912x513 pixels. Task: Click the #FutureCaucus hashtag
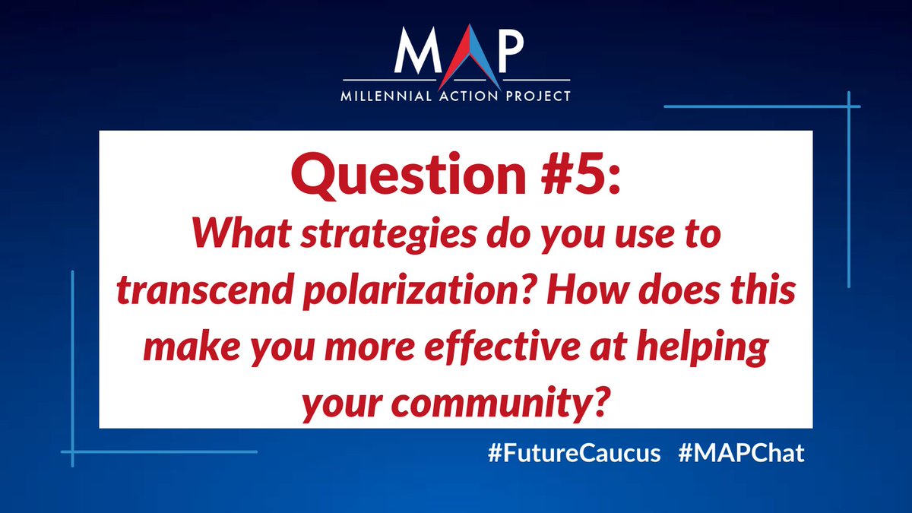574,454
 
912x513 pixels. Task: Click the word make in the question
184,349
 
